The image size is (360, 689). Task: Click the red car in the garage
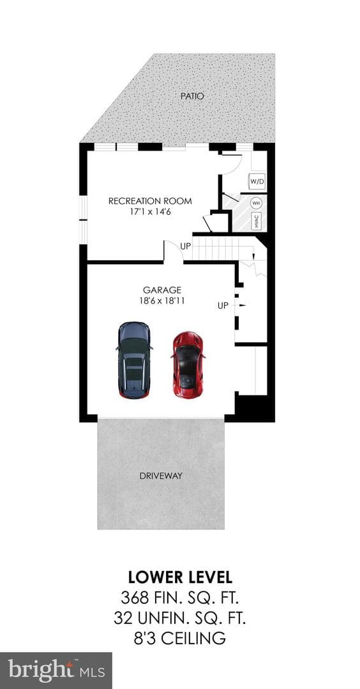pyautogui.click(x=188, y=365)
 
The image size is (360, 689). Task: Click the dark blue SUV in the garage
pyautogui.click(x=135, y=360)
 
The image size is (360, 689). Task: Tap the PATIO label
pyautogui.click(x=192, y=96)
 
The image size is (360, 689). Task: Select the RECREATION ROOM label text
pyautogui.click(x=151, y=201)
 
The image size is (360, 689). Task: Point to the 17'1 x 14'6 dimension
pyautogui.click(x=151, y=211)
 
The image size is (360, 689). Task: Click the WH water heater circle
pyautogui.click(x=257, y=204)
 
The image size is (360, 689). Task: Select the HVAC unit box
pyautogui.click(x=257, y=221)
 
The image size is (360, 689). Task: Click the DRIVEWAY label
pyautogui.click(x=161, y=476)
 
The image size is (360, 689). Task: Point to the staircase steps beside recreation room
pyautogui.click(x=220, y=249)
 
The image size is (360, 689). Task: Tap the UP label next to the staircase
pyautogui.click(x=186, y=246)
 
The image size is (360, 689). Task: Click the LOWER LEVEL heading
pyautogui.click(x=180, y=577)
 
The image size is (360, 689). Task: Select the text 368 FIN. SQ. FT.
pyautogui.click(x=180, y=598)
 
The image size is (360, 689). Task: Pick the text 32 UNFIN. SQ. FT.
pyautogui.click(x=180, y=618)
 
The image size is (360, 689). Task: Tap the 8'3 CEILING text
pyautogui.click(x=180, y=637)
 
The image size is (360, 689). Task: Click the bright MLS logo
pyautogui.click(x=56, y=670)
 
